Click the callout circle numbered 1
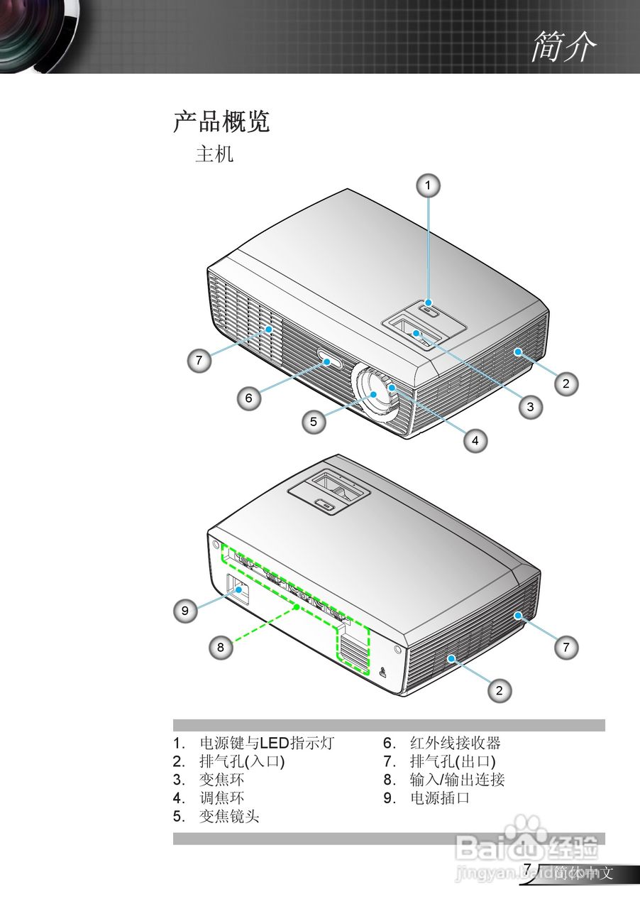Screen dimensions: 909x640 (x=427, y=185)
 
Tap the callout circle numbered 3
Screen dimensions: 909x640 (x=530, y=406)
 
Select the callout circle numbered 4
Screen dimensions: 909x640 (x=475, y=440)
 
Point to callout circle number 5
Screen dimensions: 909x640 (x=313, y=421)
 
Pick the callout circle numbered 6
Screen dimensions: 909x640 (x=249, y=398)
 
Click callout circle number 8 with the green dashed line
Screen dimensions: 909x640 (x=221, y=647)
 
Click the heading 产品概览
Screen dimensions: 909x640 (x=221, y=122)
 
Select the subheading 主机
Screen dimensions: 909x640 (x=214, y=154)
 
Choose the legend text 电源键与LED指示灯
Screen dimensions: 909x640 (x=266, y=744)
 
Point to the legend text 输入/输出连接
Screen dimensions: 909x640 (x=457, y=780)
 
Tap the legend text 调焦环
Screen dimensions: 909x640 (x=221, y=798)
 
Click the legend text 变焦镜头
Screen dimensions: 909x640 (x=229, y=817)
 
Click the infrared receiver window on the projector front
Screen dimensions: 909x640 (x=328, y=361)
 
